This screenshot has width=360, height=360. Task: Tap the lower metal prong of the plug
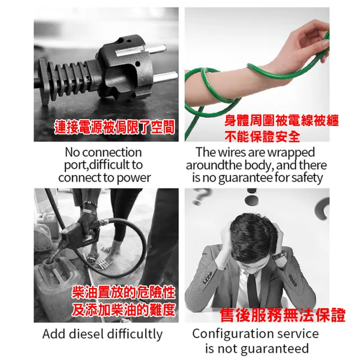[x=165, y=77]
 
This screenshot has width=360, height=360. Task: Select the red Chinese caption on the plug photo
[x=114, y=127]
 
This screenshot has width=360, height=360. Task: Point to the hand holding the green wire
[x=310, y=41]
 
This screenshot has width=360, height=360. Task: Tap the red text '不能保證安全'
[x=262, y=136]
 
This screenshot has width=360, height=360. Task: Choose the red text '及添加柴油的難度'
[x=123, y=310]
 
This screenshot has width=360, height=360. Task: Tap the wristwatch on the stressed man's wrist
[x=279, y=254]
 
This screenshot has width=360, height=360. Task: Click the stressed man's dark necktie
[x=253, y=289]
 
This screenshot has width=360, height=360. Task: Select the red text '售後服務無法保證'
[x=282, y=315]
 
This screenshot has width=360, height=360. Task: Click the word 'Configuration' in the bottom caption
[x=232, y=334]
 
